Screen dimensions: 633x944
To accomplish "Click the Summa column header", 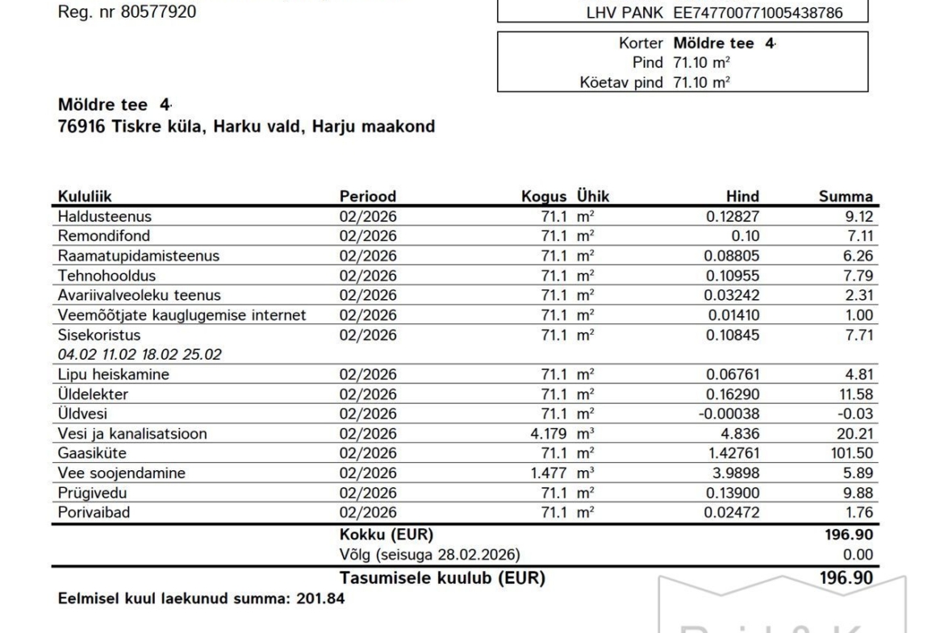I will [x=846, y=197].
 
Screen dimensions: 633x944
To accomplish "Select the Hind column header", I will [x=742, y=197].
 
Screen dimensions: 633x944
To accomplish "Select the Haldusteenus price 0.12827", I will [x=732, y=217].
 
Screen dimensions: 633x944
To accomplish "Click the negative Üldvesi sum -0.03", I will [x=857, y=414].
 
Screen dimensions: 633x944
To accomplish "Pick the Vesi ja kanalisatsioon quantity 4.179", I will [x=547, y=434].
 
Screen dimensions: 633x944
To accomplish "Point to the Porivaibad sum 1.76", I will [x=859, y=512].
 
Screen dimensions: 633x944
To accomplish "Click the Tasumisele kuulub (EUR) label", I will [x=441, y=578].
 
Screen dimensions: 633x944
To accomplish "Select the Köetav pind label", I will [x=621, y=81].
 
